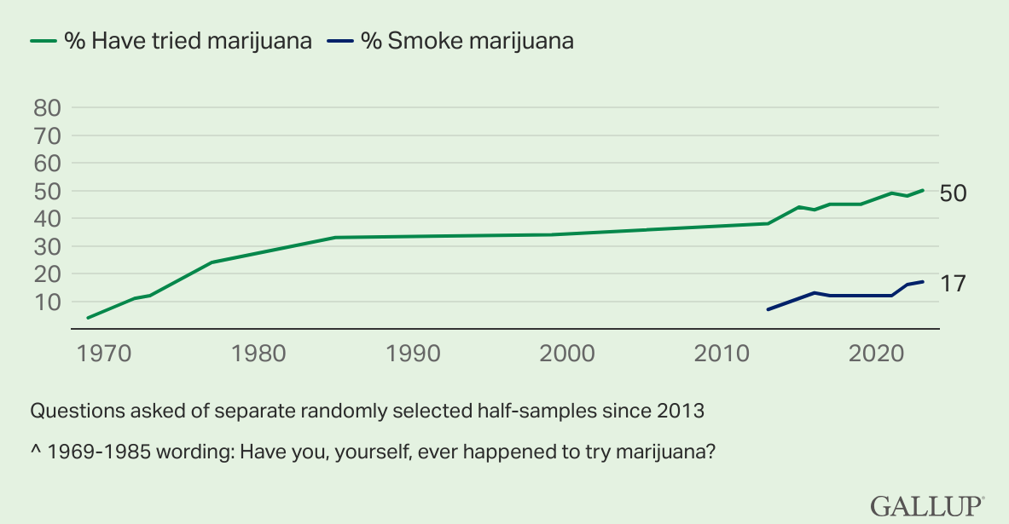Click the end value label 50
click(953, 193)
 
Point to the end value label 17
click(952, 283)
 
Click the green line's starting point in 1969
click(89, 318)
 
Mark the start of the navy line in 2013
click(768, 309)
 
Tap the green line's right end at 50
click(923, 190)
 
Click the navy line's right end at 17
click(923, 282)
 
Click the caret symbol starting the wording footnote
click(35, 452)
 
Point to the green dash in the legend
click(43, 41)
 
